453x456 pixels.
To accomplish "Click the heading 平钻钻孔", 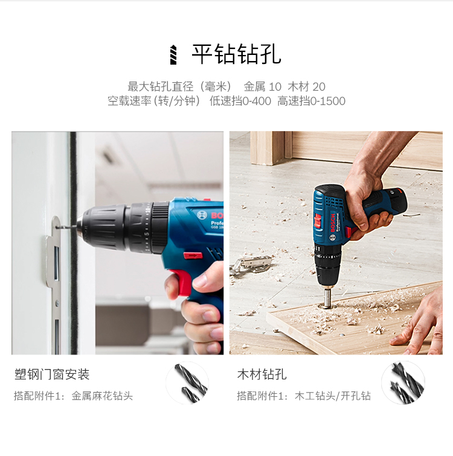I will click(236, 54).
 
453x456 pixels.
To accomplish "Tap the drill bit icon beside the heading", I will click(174, 54).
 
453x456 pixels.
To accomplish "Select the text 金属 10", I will click(263, 86).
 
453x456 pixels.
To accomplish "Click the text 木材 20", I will click(306, 86).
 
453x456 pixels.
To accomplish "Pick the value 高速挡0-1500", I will click(312, 101).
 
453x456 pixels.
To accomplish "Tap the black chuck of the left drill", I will click(106, 227).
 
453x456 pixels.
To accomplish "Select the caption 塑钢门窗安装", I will click(52, 374).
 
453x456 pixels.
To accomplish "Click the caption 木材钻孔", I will click(262, 374).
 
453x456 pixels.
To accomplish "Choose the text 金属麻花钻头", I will click(102, 396).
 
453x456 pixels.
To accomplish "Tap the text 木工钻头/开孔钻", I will click(333, 396).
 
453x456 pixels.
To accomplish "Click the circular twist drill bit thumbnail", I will click(187, 383).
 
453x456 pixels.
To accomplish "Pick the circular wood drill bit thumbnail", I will click(402, 383).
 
